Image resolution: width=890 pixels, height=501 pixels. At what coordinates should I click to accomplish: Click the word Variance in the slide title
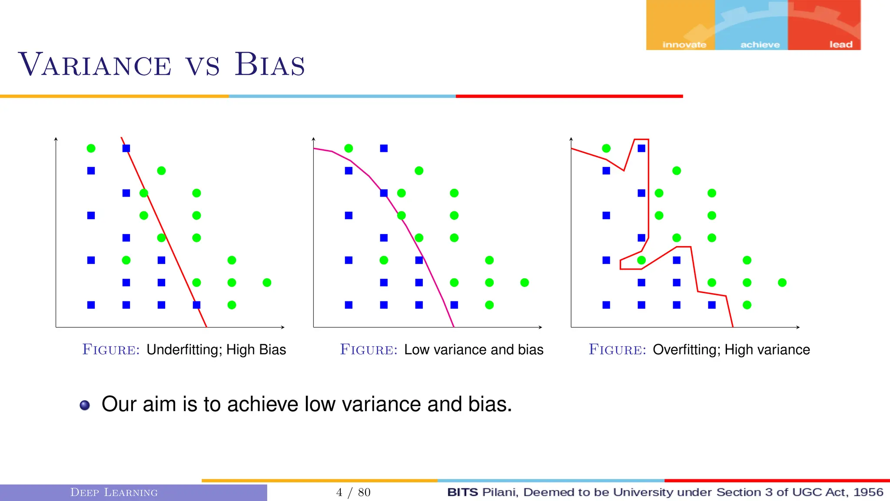(x=95, y=65)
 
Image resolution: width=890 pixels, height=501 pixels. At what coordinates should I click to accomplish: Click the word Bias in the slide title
(x=269, y=65)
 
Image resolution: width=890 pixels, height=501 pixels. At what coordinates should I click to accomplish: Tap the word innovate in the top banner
(x=684, y=44)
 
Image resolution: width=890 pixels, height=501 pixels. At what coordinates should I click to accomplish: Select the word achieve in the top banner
(x=760, y=44)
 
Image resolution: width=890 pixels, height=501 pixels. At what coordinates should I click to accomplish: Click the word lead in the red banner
(x=840, y=44)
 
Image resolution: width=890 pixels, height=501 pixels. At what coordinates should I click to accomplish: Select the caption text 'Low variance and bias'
(x=473, y=350)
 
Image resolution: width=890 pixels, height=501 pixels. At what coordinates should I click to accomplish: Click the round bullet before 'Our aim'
(x=85, y=405)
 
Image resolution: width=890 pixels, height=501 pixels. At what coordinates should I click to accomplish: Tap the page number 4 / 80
(x=353, y=492)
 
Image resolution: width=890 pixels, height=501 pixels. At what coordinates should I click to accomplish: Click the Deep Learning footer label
(x=114, y=492)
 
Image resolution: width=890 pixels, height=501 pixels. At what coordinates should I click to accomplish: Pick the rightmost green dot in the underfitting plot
(x=267, y=283)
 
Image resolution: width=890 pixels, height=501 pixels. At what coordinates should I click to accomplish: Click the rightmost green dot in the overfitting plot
(x=782, y=283)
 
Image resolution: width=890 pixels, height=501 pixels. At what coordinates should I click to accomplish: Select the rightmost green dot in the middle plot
(x=525, y=283)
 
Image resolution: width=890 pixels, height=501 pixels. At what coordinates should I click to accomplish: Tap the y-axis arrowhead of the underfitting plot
(x=56, y=139)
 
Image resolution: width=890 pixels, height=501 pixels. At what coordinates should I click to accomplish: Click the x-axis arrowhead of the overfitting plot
(x=798, y=327)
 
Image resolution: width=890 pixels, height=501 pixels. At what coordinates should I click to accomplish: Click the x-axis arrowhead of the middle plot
(x=540, y=327)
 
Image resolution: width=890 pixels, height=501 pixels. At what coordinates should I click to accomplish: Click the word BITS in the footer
(x=462, y=492)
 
